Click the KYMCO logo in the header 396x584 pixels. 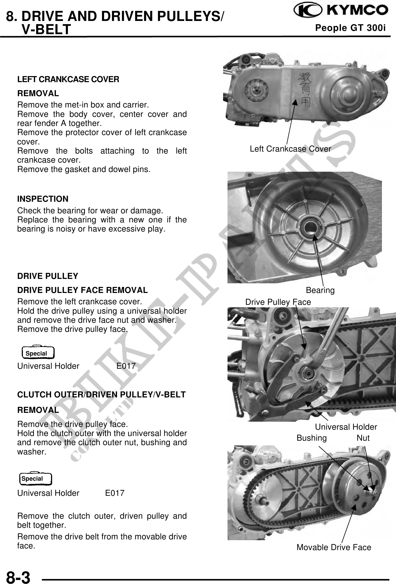pos(341,11)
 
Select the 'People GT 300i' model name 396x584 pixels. pos(350,28)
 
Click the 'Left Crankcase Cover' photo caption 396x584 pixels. pos(290,149)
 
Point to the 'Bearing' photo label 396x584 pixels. pos(320,290)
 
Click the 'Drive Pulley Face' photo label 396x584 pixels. pos(278,302)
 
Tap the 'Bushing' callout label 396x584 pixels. pos(312,438)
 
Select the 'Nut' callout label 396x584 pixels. pos(363,438)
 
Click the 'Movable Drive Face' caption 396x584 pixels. pos(334,547)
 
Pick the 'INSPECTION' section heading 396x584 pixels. pos(43,199)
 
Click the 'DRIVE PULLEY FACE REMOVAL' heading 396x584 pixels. pos(82,290)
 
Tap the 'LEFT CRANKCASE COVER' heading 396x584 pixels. pos(68,80)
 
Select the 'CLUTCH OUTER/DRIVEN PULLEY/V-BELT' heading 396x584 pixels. pos(101,395)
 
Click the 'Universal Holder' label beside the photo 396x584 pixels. pos(346,427)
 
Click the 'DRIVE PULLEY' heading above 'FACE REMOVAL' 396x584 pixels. pos(48,276)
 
